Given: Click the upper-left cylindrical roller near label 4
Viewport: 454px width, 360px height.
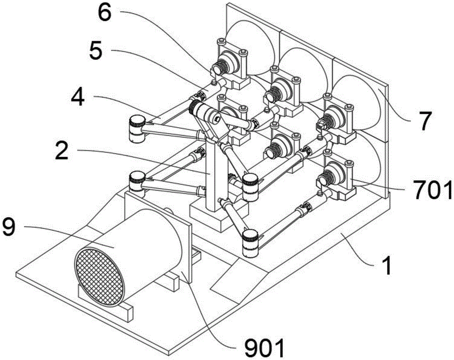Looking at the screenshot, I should pyautogui.click(x=136, y=128).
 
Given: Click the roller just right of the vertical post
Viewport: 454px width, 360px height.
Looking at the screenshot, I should pyautogui.click(x=250, y=187).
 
